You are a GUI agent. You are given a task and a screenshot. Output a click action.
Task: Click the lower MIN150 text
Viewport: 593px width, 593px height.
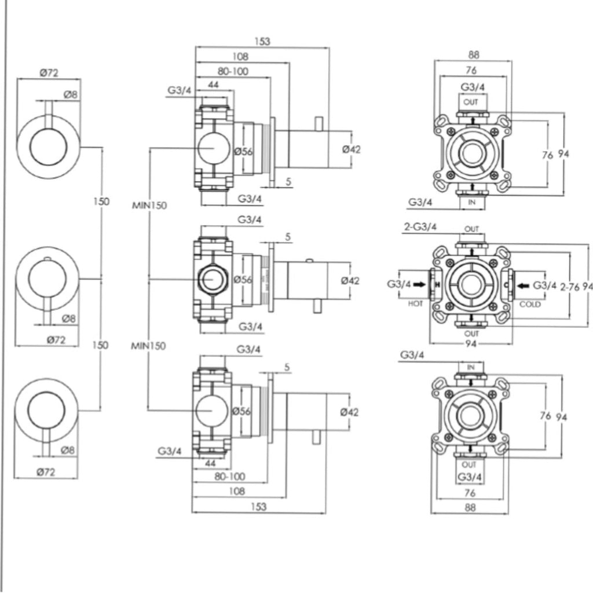click(x=149, y=346)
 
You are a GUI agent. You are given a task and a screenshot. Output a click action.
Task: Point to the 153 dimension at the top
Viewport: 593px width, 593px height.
click(x=262, y=42)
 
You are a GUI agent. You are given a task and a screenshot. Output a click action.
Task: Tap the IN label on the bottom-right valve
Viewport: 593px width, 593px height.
click(x=470, y=367)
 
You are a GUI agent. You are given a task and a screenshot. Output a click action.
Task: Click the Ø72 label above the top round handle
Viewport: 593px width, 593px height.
click(x=49, y=72)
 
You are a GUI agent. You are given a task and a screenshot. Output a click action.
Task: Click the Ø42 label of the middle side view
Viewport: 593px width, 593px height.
click(x=351, y=280)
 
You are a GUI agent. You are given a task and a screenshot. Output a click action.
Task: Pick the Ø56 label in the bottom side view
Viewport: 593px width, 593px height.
click(x=241, y=412)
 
